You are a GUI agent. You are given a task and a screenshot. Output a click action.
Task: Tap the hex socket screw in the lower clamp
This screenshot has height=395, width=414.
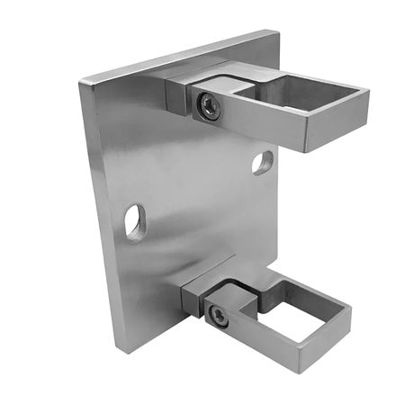pyautogui.click(x=216, y=315)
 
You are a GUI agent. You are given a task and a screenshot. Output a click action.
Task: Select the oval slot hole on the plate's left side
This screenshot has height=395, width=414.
pyautogui.click(x=135, y=221)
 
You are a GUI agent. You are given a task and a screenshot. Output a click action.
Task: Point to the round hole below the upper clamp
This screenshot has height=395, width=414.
pyautogui.click(x=262, y=162)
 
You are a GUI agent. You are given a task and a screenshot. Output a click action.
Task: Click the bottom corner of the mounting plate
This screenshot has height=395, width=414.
pyautogui.click(x=118, y=353)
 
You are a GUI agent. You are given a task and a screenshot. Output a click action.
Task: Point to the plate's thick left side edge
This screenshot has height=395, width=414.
pyautogui.click(x=99, y=216)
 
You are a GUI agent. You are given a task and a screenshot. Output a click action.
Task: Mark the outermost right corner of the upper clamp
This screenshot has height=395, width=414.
pyautogui.click(x=368, y=91)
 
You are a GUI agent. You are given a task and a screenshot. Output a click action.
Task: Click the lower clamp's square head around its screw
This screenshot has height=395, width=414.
pyautogui.click(x=218, y=314)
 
